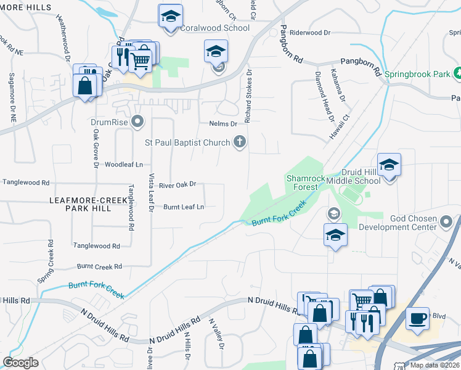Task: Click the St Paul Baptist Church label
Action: point(187,142)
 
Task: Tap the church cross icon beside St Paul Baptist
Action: point(240,142)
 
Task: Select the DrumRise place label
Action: point(108,122)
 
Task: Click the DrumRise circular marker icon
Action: point(137,121)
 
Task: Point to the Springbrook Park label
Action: point(417,74)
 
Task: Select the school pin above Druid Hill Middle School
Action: point(389,165)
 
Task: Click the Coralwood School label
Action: point(214,28)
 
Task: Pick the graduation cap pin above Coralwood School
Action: point(170,17)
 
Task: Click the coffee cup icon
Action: point(417,319)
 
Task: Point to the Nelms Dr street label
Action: point(222,123)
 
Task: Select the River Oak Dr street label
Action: point(177,184)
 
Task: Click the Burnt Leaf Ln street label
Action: point(183,207)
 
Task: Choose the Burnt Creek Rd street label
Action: point(99,266)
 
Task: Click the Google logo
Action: point(20,363)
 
